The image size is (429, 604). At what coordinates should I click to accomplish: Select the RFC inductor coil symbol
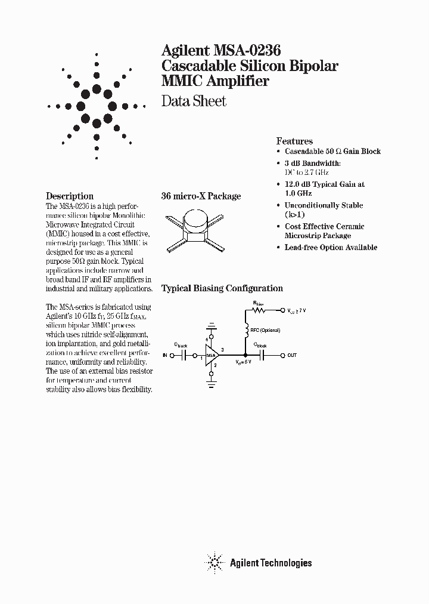[245, 329]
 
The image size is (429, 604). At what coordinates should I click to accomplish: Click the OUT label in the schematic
[292, 355]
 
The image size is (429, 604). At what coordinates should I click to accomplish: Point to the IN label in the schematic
[165, 355]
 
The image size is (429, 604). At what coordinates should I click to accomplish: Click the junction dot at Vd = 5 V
[245, 355]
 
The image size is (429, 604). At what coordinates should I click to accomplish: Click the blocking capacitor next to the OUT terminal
[264, 355]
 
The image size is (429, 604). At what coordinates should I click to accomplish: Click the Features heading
[294, 141]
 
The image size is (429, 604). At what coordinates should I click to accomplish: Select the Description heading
[70, 196]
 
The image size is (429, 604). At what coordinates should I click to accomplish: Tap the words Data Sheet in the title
[194, 101]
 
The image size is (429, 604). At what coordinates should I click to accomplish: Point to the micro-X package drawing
[197, 230]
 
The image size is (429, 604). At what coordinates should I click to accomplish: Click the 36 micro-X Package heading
[201, 196]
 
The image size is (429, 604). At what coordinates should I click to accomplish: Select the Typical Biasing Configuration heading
[222, 288]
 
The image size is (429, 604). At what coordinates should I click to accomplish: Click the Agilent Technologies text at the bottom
[271, 562]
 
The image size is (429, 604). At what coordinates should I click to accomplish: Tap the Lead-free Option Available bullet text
[331, 247]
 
